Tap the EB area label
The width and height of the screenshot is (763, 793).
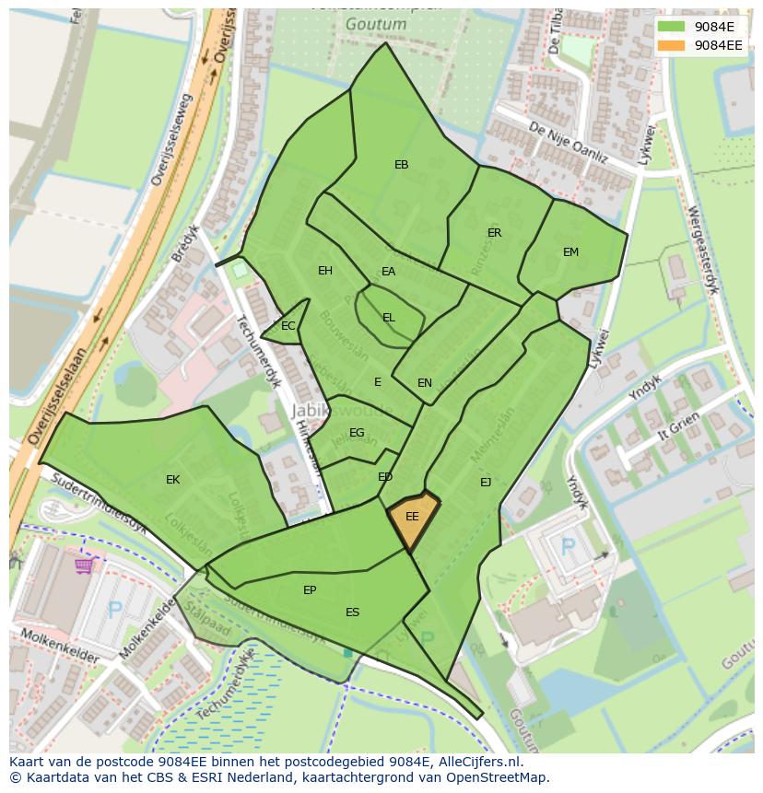(x=401, y=165)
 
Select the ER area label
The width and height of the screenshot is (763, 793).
(x=494, y=233)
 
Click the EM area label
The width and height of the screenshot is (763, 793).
(x=570, y=252)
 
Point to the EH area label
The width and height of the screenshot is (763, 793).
(x=324, y=271)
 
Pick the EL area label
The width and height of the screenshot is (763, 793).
(x=388, y=318)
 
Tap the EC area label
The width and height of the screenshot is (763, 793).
(x=288, y=326)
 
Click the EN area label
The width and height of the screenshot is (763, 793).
(x=424, y=383)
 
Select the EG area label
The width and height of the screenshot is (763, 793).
(x=357, y=433)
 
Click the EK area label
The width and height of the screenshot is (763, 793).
(x=172, y=480)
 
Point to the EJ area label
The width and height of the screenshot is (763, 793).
(x=485, y=482)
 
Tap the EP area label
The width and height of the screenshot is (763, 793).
(x=310, y=590)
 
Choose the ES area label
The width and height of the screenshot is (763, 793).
(x=352, y=612)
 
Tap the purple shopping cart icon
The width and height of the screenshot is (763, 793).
(x=85, y=564)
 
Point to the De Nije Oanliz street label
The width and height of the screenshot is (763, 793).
(x=569, y=145)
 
